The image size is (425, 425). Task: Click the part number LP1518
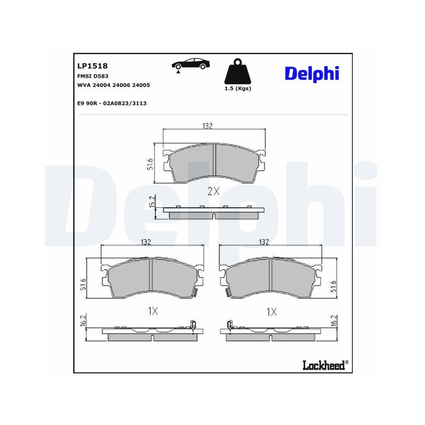92,66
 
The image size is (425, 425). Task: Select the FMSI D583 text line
93,76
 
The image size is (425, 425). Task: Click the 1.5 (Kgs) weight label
238,89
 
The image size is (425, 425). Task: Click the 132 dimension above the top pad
207,126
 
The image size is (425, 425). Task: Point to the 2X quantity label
213,191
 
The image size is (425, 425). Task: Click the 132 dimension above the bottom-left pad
146,242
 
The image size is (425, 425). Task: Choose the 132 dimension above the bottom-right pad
264,242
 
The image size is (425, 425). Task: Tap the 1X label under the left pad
153,311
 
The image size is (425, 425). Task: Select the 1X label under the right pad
272,312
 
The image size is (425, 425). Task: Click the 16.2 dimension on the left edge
83,320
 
